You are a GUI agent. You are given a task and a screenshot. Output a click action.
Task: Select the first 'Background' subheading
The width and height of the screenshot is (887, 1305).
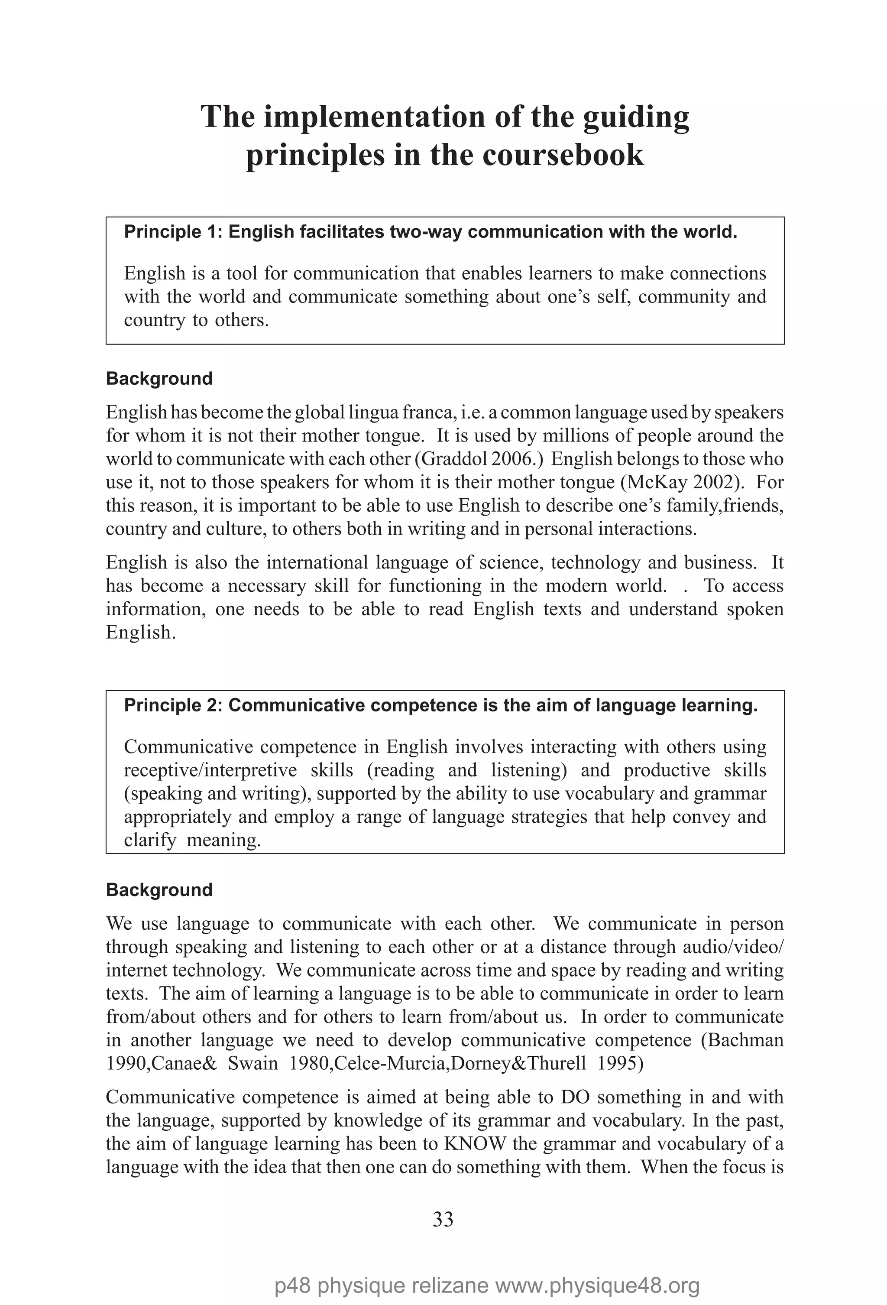pos(159,379)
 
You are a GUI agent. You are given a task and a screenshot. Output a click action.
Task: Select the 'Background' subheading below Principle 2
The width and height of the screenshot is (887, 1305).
pos(159,890)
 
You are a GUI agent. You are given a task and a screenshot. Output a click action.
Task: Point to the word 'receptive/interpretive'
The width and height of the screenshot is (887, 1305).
pos(210,770)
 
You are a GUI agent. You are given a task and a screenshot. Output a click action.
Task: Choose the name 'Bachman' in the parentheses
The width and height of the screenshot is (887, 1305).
pos(745,1040)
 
